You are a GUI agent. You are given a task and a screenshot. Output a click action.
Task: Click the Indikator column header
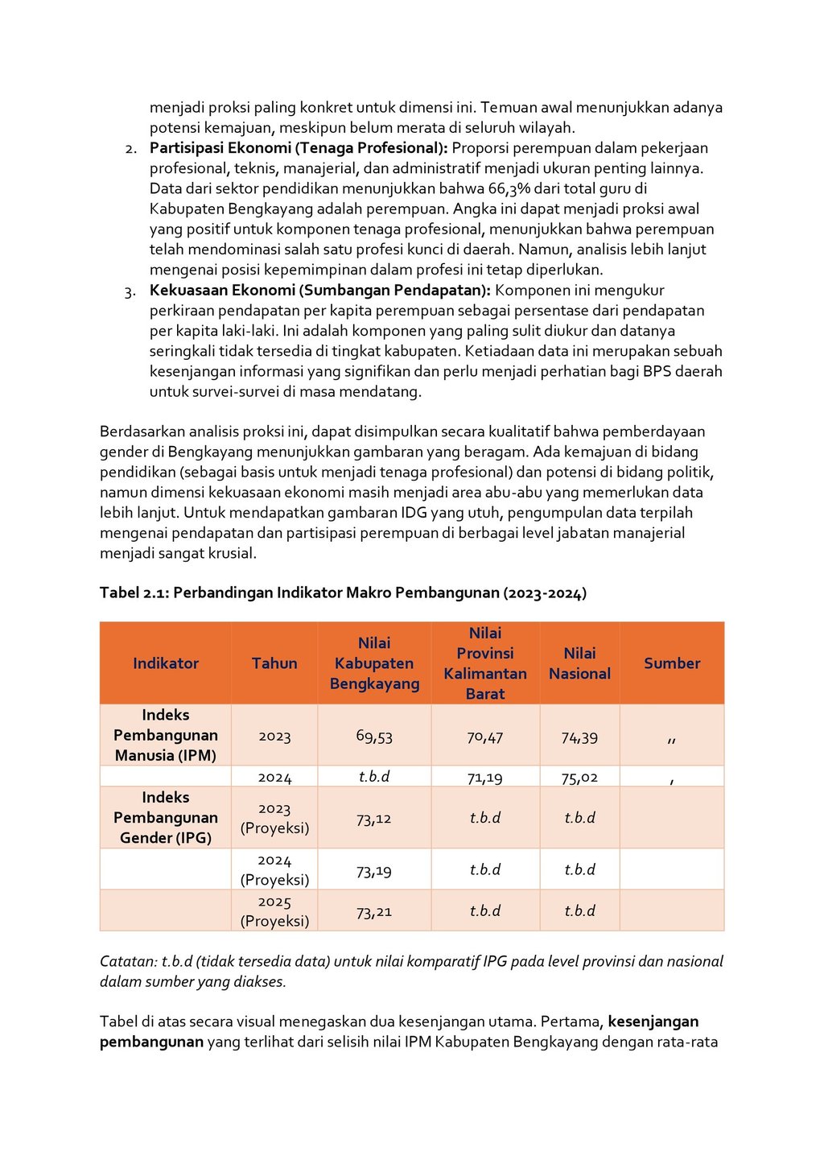click(x=166, y=663)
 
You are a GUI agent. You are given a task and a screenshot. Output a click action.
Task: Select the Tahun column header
click(x=274, y=663)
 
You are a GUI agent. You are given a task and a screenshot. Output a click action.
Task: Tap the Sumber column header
click(x=672, y=663)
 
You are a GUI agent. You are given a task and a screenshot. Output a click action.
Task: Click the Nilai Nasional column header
click(x=579, y=663)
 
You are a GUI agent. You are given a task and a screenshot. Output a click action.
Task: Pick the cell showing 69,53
click(x=374, y=736)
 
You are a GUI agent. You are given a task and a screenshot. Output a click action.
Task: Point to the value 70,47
click(x=485, y=737)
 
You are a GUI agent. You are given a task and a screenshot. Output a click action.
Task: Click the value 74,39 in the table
click(x=579, y=737)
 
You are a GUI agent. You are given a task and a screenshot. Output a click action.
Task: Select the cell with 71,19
click(x=485, y=778)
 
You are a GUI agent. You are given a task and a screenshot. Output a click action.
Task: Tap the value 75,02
click(x=579, y=778)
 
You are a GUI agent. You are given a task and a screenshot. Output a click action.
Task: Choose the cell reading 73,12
click(x=374, y=819)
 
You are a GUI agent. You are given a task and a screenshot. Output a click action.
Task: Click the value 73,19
click(x=374, y=870)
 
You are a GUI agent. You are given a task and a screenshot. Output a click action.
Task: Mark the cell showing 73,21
click(x=374, y=912)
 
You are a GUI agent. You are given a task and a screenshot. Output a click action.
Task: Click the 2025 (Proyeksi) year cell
click(x=274, y=911)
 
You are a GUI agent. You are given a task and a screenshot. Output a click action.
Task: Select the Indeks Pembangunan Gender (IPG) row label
click(x=166, y=817)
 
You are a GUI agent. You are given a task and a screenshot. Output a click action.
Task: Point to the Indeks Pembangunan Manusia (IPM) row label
click(x=166, y=735)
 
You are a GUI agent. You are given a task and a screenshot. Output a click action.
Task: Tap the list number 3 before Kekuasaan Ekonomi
click(x=130, y=291)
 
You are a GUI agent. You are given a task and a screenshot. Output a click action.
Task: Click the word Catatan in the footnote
click(x=128, y=961)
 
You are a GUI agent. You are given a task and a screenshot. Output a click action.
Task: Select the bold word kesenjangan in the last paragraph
click(x=653, y=1022)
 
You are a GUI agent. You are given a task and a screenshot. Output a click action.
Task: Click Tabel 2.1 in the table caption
click(x=133, y=593)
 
